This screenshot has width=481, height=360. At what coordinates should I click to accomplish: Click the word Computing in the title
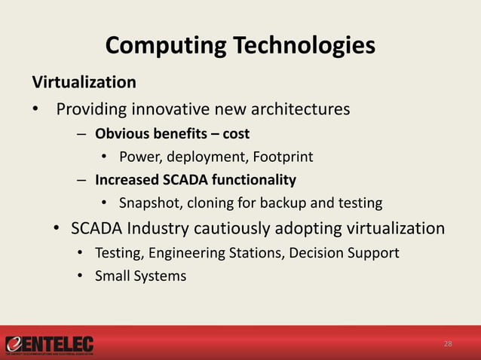[x=155, y=46]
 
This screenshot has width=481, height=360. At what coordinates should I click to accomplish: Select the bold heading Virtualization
[x=83, y=81]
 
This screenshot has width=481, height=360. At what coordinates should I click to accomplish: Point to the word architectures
[x=298, y=109]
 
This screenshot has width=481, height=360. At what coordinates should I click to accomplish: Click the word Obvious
[x=121, y=134]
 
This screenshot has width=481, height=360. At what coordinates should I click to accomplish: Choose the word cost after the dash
[x=236, y=134]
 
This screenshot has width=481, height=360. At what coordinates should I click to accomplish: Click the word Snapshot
[x=149, y=203]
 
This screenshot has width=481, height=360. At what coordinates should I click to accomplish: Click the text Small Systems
[x=140, y=276]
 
